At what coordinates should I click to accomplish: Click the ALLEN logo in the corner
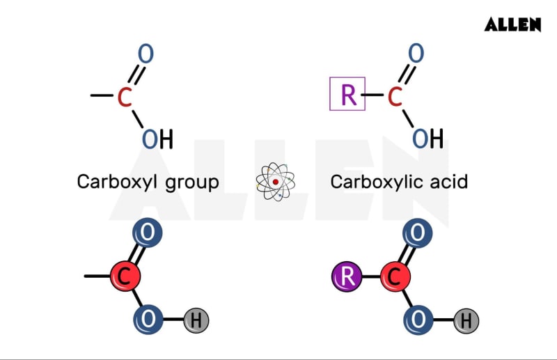[x=512, y=24]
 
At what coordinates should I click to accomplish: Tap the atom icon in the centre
[x=276, y=182]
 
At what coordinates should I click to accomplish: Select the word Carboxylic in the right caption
[x=372, y=182]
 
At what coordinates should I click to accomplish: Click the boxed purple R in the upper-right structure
[x=347, y=95]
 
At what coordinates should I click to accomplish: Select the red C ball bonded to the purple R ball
[x=395, y=277]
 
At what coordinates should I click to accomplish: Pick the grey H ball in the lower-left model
[x=196, y=321]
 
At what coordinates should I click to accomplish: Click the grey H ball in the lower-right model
[x=466, y=321]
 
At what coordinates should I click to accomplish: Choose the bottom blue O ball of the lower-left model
[x=148, y=320]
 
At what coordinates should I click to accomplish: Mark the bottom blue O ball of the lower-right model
[x=418, y=320]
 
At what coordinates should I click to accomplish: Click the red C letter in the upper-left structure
[x=125, y=97]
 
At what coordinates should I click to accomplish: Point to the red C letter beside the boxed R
[x=395, y=97]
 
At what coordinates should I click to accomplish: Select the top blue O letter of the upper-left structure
[x=146, y=54]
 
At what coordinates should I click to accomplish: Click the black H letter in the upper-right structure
[x=437, y=139]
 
